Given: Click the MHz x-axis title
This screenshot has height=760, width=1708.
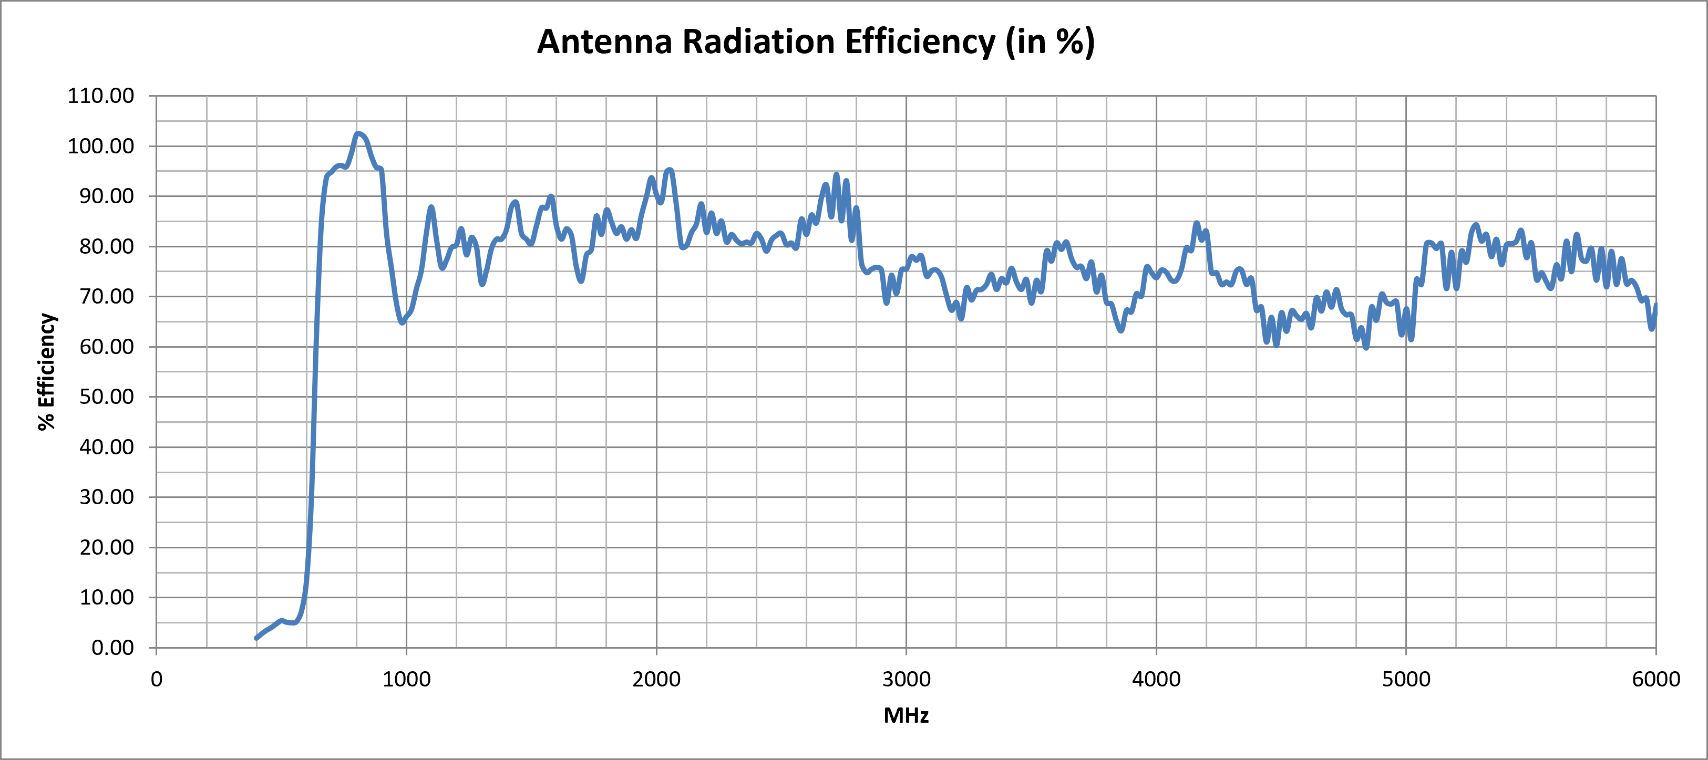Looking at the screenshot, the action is coord(906,715).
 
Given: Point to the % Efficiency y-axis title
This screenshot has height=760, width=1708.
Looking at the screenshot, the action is coord(46,372).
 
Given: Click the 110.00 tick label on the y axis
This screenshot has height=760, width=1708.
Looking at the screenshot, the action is coord(101,96).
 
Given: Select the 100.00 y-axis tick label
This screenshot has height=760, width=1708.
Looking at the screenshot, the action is coord(101,146).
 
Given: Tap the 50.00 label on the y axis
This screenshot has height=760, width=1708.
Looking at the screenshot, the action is coord(107,397).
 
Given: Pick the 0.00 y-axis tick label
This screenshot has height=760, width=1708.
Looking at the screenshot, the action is coord(112,648).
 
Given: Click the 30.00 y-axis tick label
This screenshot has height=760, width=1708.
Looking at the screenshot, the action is coord(107,497).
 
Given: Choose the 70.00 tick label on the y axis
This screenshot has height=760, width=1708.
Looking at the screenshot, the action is coord(107,296).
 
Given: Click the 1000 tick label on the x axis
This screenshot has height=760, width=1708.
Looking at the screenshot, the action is coord(406,679).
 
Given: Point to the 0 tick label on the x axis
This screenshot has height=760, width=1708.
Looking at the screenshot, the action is coord(157,679).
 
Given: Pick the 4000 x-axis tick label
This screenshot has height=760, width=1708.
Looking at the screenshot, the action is coord(1156,679).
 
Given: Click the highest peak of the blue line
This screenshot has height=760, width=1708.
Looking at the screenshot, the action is coord(358,134).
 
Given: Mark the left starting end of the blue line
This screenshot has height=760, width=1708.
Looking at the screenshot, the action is coord(256,638).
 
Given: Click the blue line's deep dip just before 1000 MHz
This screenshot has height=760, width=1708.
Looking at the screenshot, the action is coord(402,322).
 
